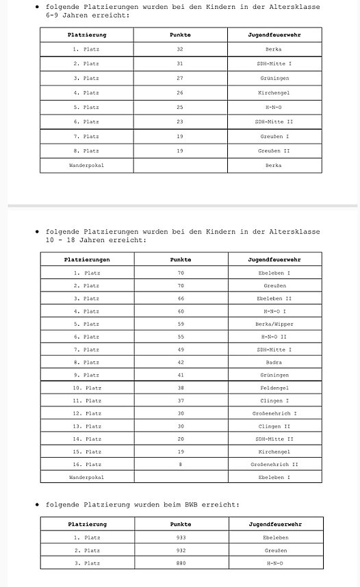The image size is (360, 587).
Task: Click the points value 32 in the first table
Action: click(180, 49)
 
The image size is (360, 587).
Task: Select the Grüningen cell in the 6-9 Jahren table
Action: click(274, 78)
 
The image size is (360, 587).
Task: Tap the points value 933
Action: click(181, 538)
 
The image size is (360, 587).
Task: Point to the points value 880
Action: click(181, 563)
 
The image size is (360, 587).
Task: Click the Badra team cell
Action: click(274, 363)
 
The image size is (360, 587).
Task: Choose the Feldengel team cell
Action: click(274, 388)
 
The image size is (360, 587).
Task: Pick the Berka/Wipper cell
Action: click(274, 324)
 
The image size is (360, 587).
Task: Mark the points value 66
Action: click(181, 298)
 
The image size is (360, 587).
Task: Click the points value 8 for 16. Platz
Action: click(181, 464)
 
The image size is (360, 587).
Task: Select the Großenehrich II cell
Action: click(274, 464)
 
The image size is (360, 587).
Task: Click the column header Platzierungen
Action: click(87, 260)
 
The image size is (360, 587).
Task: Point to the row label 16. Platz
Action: click(87, 464)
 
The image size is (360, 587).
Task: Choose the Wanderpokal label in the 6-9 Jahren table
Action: click(87, 165)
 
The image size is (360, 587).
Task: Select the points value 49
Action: click(181, 350)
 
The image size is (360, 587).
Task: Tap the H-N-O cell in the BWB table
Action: click(274, 563)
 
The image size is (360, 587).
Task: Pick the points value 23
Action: click(180, 121)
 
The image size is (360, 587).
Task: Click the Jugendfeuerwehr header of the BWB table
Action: click(274, 524)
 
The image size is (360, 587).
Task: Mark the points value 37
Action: click(181, 400)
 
